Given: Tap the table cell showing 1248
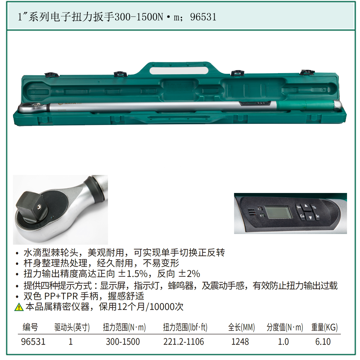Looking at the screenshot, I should pos(240,341).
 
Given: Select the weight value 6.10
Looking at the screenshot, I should pos(323,341).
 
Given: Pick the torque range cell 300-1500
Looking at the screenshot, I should pos(123,341).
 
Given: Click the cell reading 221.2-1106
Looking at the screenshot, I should pos(184,341).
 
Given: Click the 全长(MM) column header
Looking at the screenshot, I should pos(242,327).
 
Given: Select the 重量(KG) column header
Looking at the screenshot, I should pos(325,327).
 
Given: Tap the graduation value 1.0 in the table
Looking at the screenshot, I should pos(284,341).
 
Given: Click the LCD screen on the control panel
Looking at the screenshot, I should pos(278,212).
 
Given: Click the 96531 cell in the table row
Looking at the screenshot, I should pos(34,341).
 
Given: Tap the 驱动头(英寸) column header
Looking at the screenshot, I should pos(72,327).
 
